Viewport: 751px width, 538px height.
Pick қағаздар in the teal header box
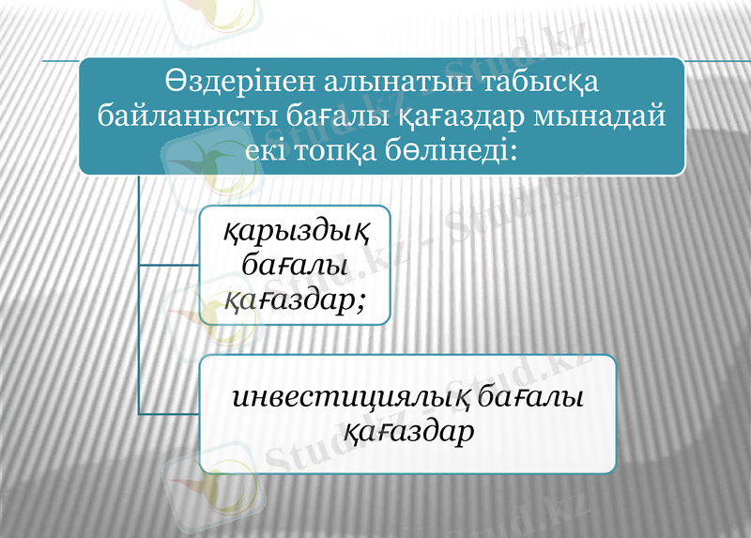coord(454,119)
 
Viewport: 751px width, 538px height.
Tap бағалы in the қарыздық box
coord(295,266)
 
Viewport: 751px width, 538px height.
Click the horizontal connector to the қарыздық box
coord(170,266)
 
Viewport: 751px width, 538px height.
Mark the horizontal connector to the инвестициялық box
coord(170,413)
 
